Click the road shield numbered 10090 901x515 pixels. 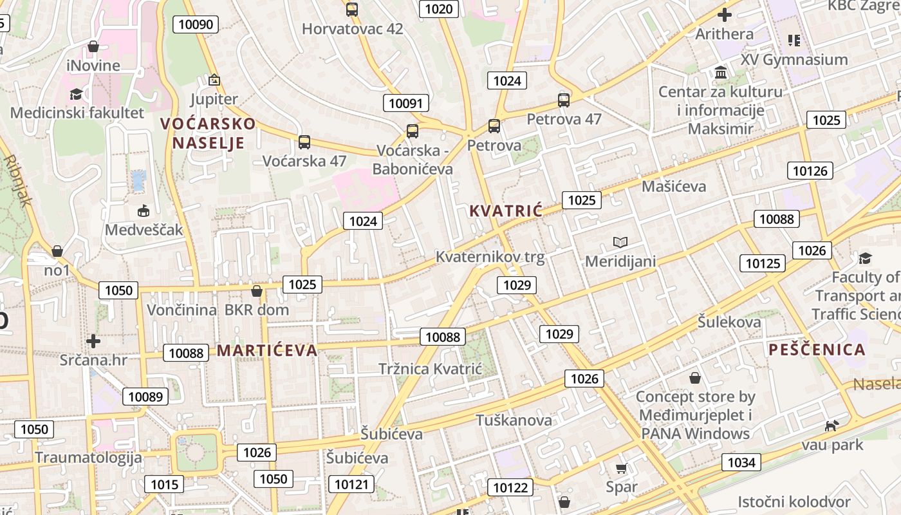(x=196, y=24)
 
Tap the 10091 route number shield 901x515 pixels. (x=406, y=103)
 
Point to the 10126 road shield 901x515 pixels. (x=810, y=171)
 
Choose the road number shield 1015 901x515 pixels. (x=163, y=484)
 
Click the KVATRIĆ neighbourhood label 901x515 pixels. (x=506, y=211)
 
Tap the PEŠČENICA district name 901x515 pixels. (x=817, y=350)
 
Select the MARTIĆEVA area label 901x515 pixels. (x=267, y=350)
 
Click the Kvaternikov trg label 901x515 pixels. (x=490, y=257)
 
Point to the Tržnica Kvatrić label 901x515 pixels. (x=430, y=369)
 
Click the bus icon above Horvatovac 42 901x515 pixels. (x=351, y=10)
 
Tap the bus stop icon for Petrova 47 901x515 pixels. (x=564, y=100)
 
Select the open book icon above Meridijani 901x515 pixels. (x=620, y=242)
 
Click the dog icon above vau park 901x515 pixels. (x=832, y=426)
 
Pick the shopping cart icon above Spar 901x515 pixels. (x=621, y=468)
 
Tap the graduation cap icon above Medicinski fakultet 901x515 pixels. (x=77, y=95)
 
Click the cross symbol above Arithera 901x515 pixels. (x=725, y=15)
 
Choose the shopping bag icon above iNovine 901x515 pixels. (x=93, y=46)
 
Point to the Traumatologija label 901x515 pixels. (x=88, y=458)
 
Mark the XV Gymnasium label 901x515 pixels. (x=794, y=59)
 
